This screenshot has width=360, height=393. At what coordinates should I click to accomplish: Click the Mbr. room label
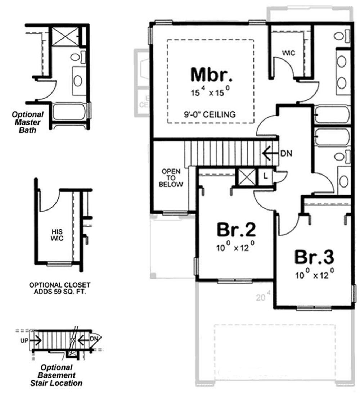[x=211, y=74]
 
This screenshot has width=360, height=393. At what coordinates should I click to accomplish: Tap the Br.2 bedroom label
[x=236, y=230]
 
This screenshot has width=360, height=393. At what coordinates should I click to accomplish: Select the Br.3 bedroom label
[x=314, y=257]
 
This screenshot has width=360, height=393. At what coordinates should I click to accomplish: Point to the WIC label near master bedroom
[x=288, y=53]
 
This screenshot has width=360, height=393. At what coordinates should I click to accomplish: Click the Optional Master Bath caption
[x=28, y=122]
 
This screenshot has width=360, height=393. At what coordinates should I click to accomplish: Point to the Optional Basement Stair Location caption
[x=60, y=375]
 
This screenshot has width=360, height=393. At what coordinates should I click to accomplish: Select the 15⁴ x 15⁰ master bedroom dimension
[x=211, y=92]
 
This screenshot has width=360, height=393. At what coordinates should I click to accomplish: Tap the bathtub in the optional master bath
[x=69, y=112]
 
